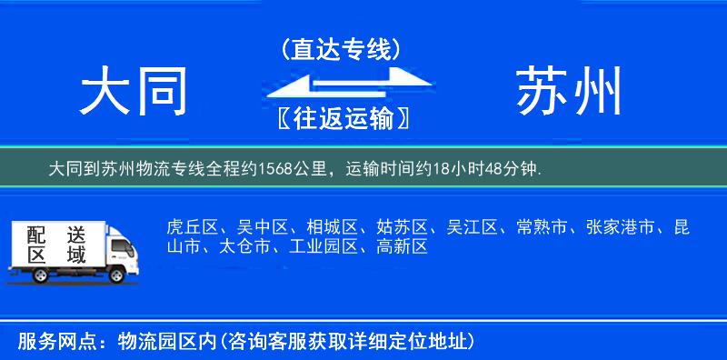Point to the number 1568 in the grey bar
(276, 169)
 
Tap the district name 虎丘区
(189, 227)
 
